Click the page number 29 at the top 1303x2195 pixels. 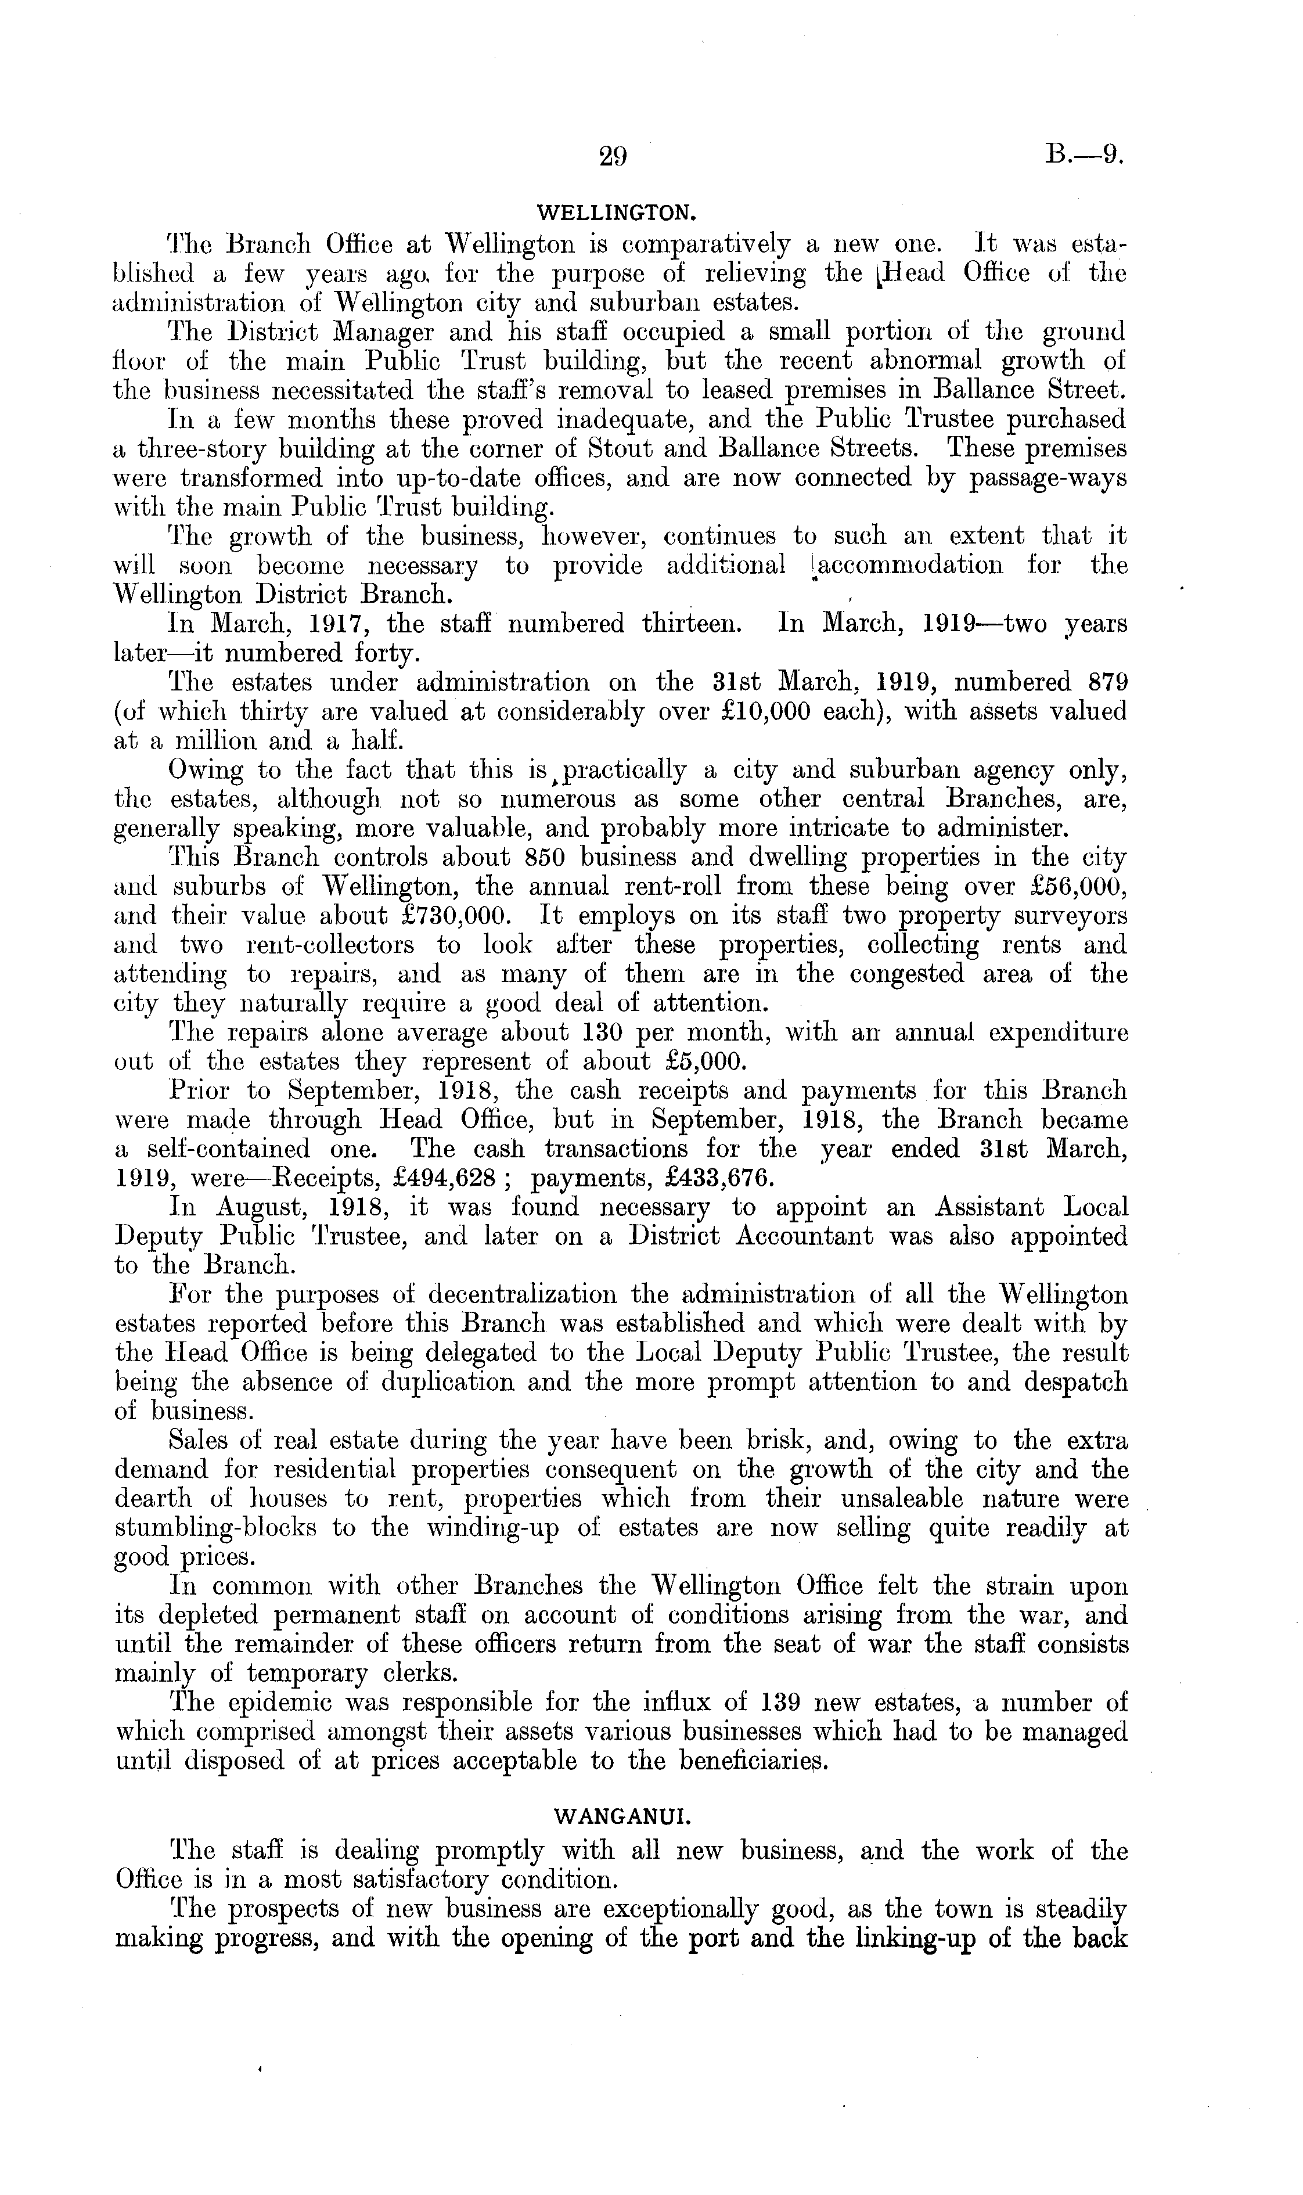pyautogui.click(x=613, y=156)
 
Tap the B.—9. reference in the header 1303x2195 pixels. pyautogui.click(x=1085, y=156)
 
